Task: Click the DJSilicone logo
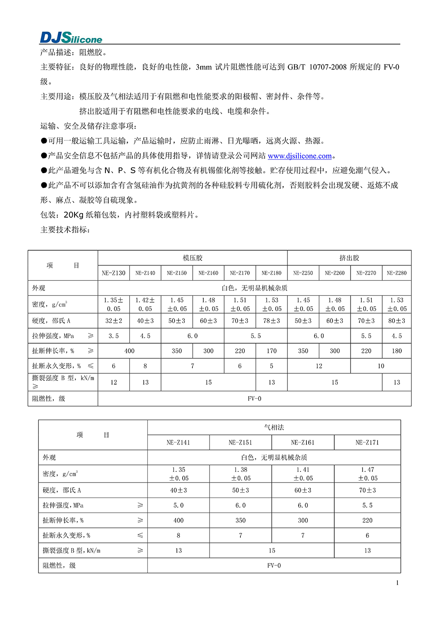click(71, 37)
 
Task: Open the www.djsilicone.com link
click(299, 156)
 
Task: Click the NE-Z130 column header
click(113, 273)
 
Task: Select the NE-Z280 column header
click(396, 273)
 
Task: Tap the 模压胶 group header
click(193, 258)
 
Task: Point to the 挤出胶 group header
click(349, 258)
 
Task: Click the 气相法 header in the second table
click(274, 427)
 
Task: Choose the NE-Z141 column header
click(178, 442)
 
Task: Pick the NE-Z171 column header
click(367, 442)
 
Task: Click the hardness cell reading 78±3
click(272, 321)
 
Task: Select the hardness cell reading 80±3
click(396, 321)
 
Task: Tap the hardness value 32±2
click(113, 321)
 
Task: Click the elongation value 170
click(272, 351)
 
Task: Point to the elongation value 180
click(396, 351)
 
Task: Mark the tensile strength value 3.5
click(113, 336)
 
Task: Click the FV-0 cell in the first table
click(254, 399)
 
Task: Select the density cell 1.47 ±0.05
click(367, 474)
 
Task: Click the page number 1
click(397, 583)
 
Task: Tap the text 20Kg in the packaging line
click(74, 215)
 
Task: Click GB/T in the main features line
click(296, 67)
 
